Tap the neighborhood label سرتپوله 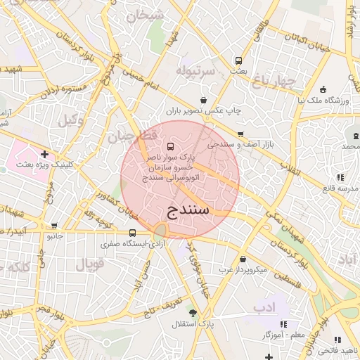coord(194,72)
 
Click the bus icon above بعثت coord(239,61)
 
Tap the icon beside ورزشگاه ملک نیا coord(323,89)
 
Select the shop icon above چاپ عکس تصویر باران coord(203,100)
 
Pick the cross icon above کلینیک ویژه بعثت coord(44,153)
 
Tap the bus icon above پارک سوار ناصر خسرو coord(172,146)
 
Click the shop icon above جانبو coord(55,226)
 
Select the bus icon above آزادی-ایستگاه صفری coord(132,233)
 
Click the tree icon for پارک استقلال coord(204,312)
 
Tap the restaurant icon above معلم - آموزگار coord(283,324)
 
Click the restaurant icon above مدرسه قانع coord(340,177)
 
